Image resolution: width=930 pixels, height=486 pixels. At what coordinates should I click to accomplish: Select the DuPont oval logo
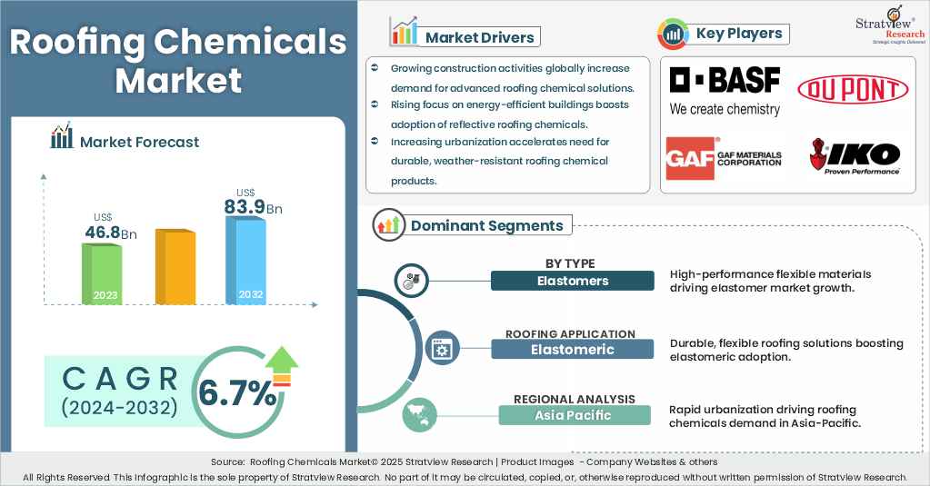coord(852,89)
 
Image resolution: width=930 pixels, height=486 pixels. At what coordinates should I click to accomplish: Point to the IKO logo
coord(855,156)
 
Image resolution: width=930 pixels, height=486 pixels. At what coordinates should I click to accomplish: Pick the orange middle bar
coord(175,266)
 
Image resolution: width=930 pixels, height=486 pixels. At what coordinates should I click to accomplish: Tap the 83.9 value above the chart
coord(245,207)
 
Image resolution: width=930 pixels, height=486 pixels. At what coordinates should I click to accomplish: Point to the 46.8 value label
coord(103,233)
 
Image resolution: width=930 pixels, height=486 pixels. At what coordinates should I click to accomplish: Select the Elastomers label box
coord(572,281)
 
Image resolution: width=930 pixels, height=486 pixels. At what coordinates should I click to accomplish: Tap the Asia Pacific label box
coord(574,415)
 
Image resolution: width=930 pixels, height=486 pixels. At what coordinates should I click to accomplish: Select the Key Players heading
coord(738,35)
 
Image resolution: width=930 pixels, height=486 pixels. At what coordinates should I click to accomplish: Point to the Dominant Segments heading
coord(486,225)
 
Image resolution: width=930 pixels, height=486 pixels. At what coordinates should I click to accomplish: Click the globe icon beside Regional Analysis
coord(419,414)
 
